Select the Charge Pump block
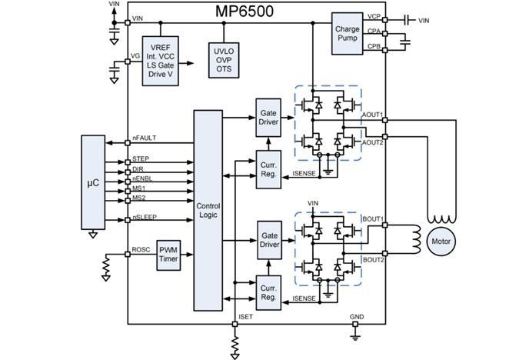pos(347,34)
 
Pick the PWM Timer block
pos(168,254)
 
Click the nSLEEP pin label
pos(145,217)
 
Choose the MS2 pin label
pos(139,197)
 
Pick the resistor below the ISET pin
pos(235,338)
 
